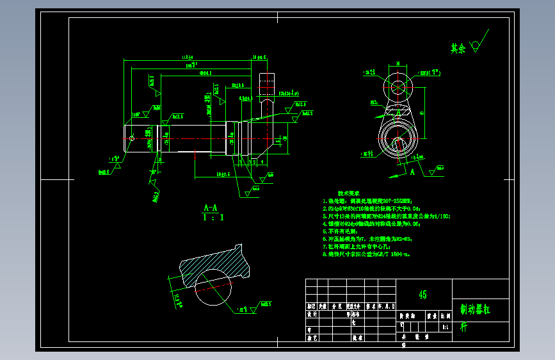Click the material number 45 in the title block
[x=422, y=295]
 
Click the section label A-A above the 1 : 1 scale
[x=211, y=208]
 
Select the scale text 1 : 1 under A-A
[x=213, y=218]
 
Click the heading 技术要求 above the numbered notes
[x=349, y=193]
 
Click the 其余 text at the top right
[x=457, y=48]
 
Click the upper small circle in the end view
[x=398, y=87]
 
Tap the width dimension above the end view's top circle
[x=398, y=64]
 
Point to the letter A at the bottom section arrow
[x=413, y=172]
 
